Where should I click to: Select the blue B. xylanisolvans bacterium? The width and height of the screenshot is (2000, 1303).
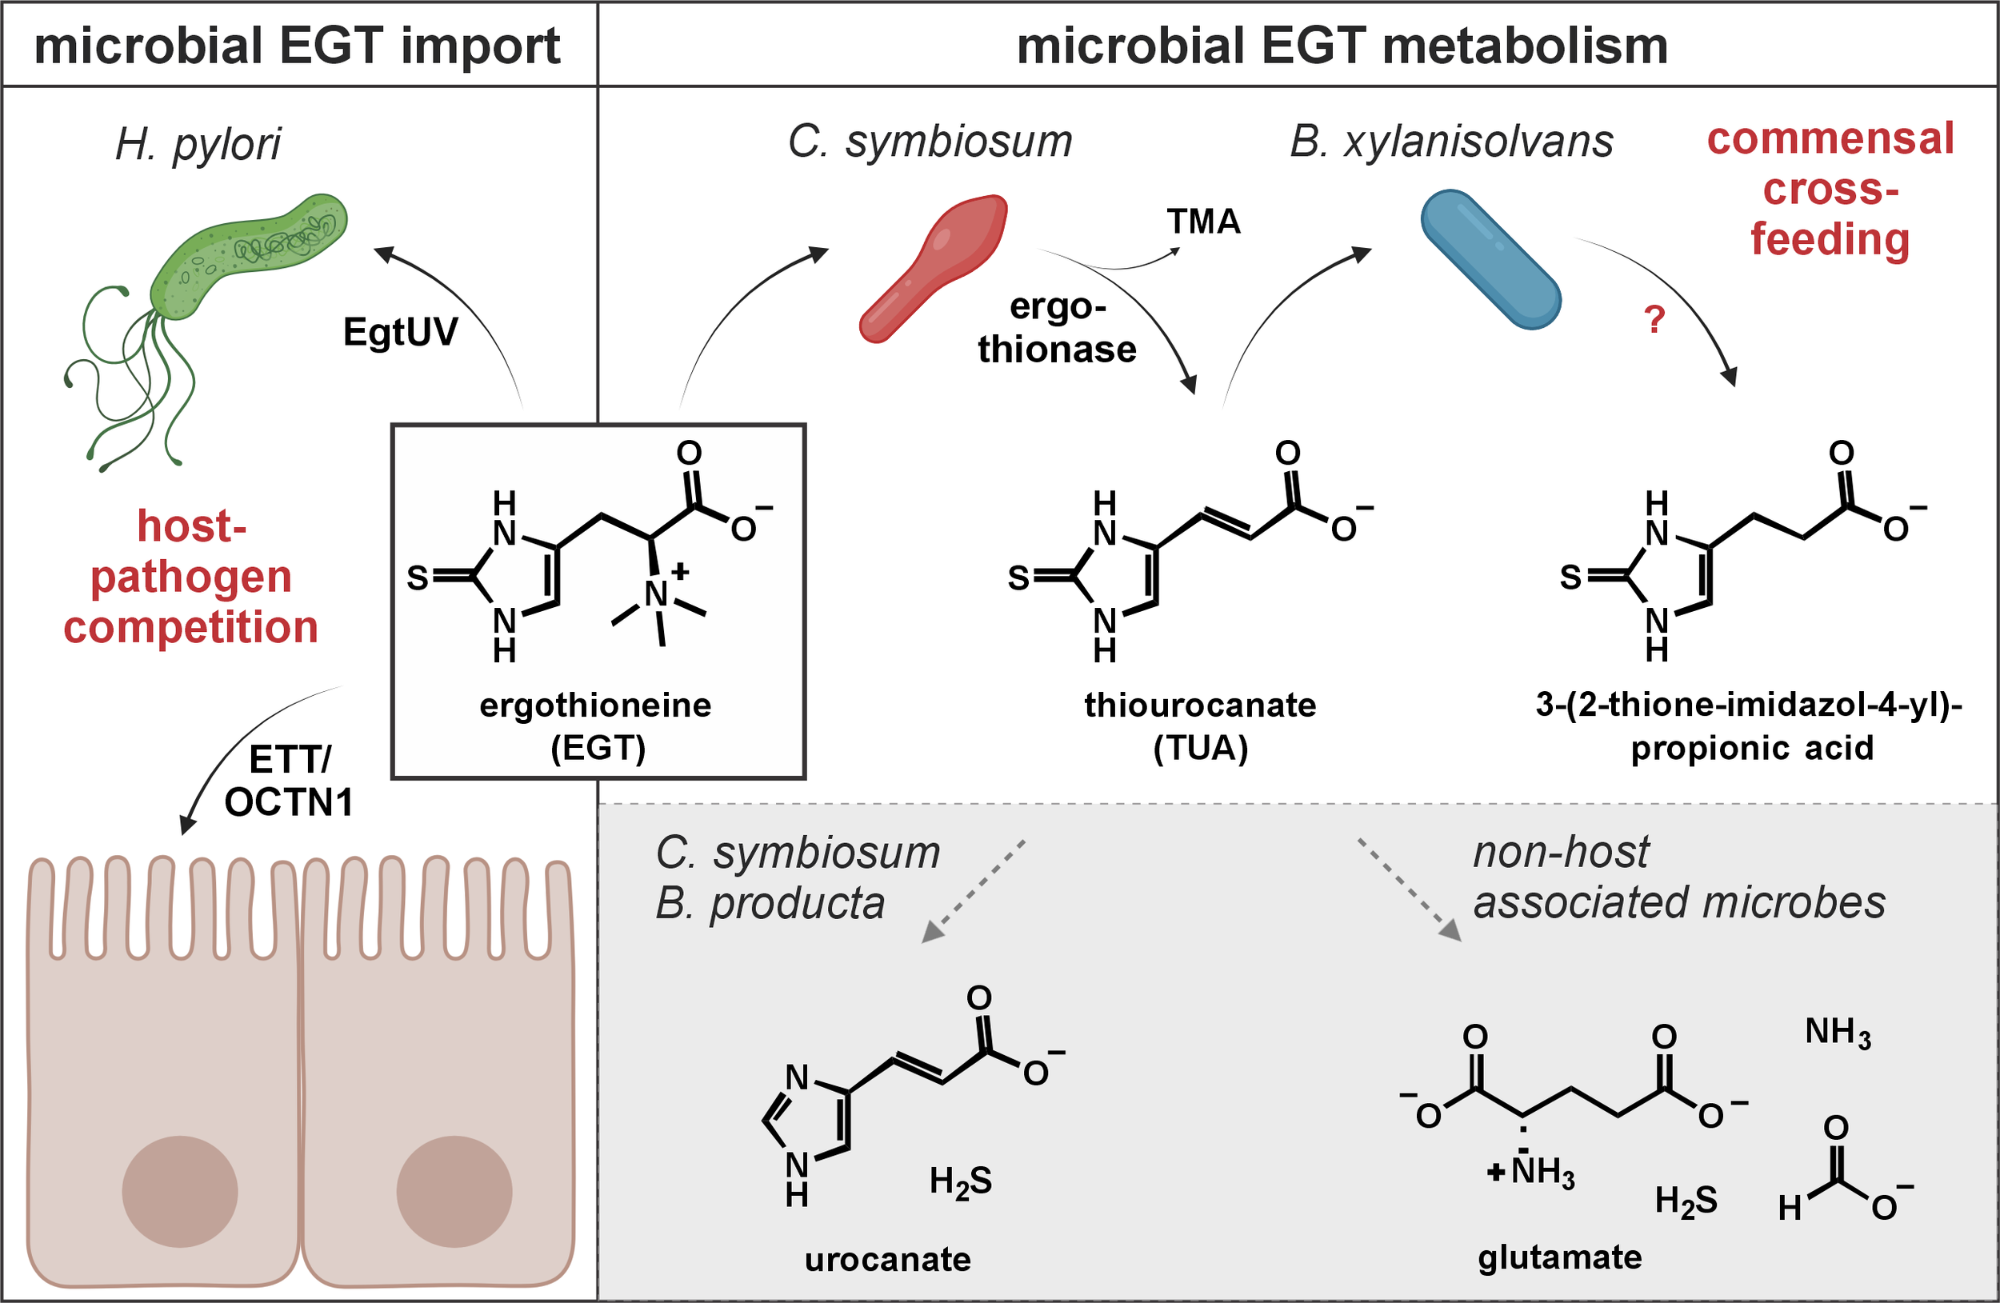point(1490,258)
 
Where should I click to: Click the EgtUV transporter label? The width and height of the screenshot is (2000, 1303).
point(400,332)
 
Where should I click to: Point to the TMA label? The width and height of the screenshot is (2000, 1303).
point(1203,222)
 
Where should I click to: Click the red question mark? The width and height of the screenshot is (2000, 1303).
point(1654,320)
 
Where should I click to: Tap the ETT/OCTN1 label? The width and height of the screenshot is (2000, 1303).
point(288,781)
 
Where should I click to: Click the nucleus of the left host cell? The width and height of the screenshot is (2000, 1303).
point(180,1191)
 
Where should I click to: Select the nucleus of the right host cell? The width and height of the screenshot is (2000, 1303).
point(454,1191)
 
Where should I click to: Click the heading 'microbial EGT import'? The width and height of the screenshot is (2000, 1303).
point(297,46)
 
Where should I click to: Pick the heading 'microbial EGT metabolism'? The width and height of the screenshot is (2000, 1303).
point(1342,46)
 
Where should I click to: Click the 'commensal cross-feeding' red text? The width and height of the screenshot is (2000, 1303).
point(1830,189)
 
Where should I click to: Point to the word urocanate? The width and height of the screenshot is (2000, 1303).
point(887,1259)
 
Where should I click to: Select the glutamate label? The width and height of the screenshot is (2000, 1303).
point(1560,1257)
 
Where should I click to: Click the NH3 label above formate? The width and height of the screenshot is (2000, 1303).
point(1838,1033)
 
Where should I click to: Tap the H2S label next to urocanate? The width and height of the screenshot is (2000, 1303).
point(961,1182)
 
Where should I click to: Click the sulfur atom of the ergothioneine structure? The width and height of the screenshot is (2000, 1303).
point(418,578)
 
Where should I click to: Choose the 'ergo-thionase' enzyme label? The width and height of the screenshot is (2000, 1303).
point(1057,329)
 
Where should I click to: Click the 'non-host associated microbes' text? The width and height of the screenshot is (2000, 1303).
point(1679,878)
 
